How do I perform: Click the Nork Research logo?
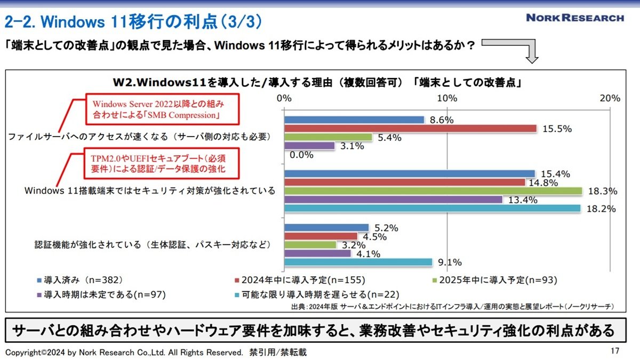575,18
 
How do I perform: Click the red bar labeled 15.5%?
410,129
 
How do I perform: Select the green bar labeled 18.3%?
433,191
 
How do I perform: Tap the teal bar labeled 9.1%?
358,262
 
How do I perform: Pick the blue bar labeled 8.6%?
354,119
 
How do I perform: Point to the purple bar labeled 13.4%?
393,199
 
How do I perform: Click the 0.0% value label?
301,155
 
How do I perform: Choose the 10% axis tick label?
447,98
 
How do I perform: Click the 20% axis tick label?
610,98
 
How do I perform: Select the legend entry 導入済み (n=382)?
80,280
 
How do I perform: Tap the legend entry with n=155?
300,280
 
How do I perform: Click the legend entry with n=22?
317,294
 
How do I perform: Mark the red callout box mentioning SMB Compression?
162,109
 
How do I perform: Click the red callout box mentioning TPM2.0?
162,163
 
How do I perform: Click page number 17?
615,351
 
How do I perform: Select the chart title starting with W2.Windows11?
317,83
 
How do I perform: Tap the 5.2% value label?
386,228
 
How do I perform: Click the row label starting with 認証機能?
153,245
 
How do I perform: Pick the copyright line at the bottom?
156,353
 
